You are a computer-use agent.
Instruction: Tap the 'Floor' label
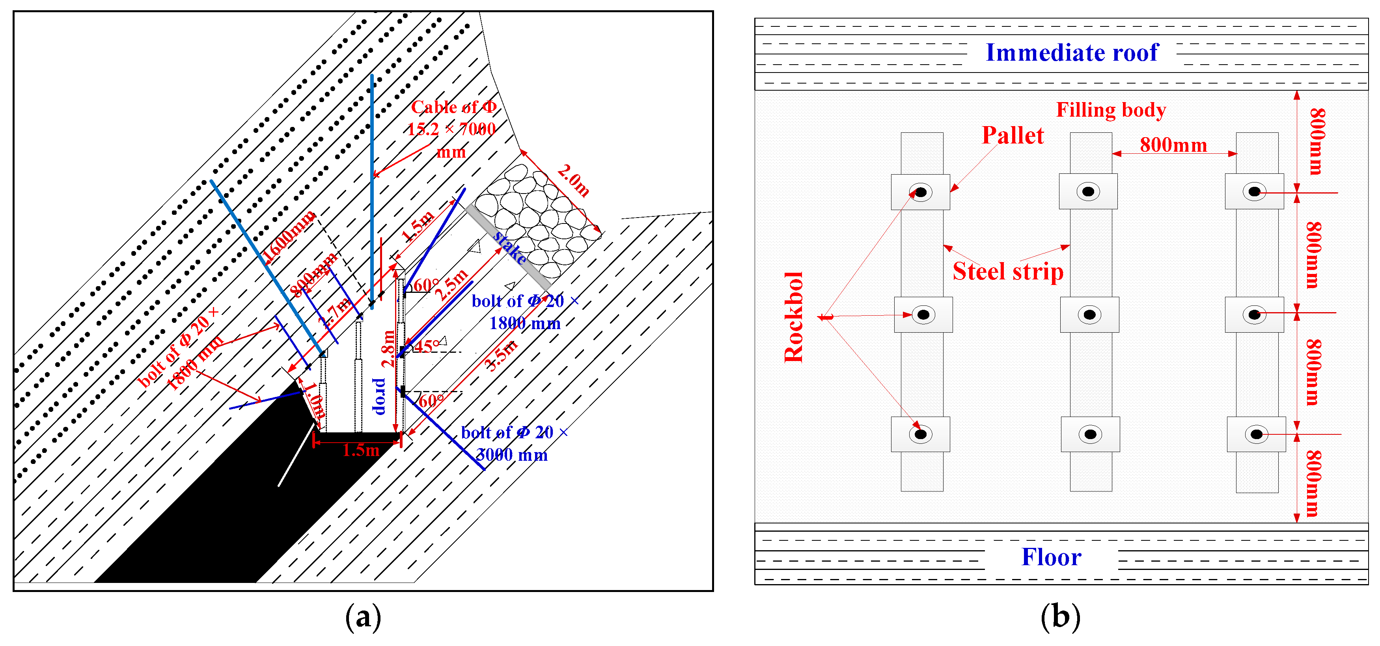1051,557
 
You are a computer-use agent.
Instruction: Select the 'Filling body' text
1111,110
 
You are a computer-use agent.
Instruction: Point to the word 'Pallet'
1013,136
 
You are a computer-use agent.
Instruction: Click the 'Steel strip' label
1008,271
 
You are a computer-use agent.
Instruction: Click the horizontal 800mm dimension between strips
1173,145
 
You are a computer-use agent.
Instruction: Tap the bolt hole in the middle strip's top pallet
1088,191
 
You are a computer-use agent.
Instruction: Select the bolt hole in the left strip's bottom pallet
920,434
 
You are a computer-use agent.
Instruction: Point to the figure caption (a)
363,617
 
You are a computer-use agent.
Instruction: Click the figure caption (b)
1060,617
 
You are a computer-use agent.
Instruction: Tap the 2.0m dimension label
573,181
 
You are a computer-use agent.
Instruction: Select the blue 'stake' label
509,248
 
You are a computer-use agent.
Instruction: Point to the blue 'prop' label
379,397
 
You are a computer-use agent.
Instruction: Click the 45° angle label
427,346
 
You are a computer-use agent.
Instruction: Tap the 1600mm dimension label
289,236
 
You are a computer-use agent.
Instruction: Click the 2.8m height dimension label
388,348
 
